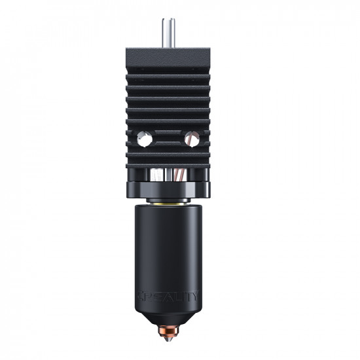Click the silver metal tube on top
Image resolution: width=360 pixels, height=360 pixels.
point(169,32)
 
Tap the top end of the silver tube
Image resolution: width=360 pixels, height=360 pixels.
point(169,19)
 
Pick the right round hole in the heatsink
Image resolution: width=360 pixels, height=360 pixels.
point(193,138)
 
